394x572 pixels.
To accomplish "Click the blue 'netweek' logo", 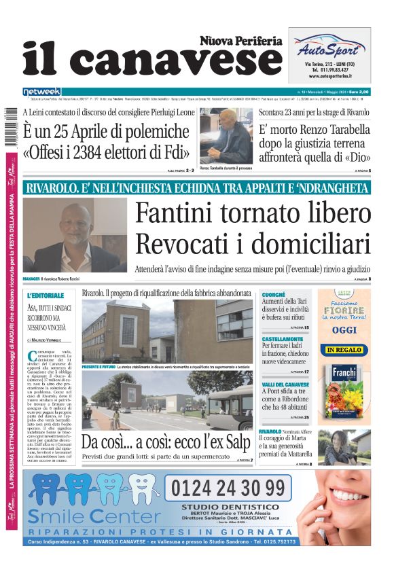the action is [x=41, y=91].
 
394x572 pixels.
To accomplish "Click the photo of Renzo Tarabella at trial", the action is [x=226, y=136].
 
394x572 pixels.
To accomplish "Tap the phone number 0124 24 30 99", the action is [x=228, y=488].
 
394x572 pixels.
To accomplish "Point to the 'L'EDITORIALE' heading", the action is [x=46, y=296].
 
